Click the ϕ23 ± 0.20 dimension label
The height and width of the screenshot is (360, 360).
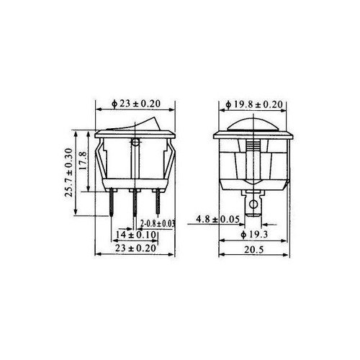pyautogui.click(x=136, y=104)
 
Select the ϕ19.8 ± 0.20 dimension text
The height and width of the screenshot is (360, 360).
pyautogui.click(x=254, y=104)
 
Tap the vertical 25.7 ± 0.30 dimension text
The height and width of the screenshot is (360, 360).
pyautogui.click(x=68, y=173)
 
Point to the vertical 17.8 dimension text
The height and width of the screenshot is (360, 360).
pyautogui.click(x=83, y=161)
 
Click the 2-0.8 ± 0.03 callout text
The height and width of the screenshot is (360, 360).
pyautogui.click(x=158, y=224)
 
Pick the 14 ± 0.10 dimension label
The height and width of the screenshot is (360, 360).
pyautogui.click(x=136, y=235)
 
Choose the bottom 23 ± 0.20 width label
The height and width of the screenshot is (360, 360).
pyautogui.click(x=135, y=248)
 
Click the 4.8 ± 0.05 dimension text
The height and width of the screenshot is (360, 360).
pyautogui.click(x=218, y=219)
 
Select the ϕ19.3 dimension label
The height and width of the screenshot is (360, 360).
pyautogui.click(x=254, y=235)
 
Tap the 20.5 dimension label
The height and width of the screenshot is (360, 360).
pyautogui.click(x=254, y=250)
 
